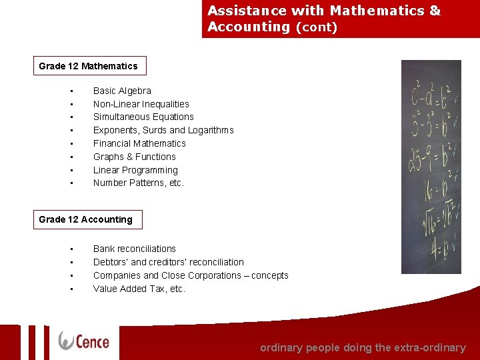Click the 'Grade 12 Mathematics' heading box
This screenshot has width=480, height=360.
(x=89, y=66)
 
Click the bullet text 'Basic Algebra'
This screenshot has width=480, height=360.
(x=122, y=91)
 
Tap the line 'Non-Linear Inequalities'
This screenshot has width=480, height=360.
(x=141, y=104)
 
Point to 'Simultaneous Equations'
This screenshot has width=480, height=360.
(x=143, y=117)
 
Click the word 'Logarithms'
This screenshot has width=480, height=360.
(x=211, y=130)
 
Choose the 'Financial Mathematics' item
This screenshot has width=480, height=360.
(x=139, y=143)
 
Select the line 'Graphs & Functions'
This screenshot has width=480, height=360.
(x=135, y=157)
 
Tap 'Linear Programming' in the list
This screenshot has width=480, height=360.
(x=135, y=170)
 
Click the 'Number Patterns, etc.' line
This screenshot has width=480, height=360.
(x=138, y=183)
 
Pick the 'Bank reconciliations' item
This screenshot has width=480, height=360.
(x=135, y=249)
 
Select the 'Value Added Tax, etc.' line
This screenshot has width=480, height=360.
(x=139, y=289)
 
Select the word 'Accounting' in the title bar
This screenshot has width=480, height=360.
(x=249, y=27)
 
